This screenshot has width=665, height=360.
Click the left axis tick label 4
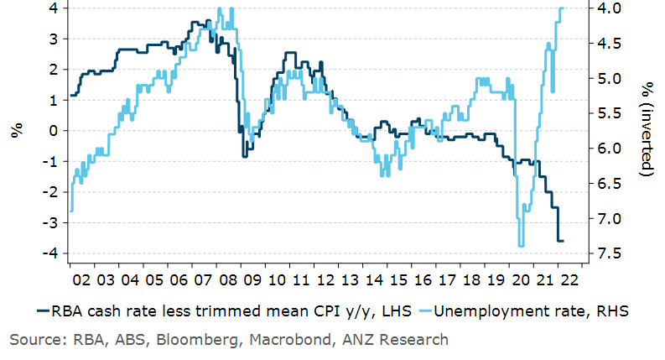click(x=51, y=8)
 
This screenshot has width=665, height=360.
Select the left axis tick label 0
click(x=51, y=131)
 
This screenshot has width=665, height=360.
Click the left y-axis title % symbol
click(x=16, y=131)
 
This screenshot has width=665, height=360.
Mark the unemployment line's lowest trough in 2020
click(x=521, y=245)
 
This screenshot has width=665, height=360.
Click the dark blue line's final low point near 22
click(x=560, y=241)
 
